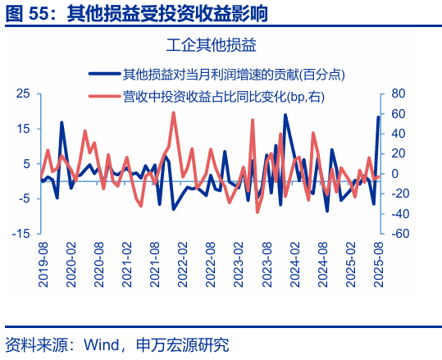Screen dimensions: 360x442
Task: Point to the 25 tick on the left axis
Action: pyautogui.click(x=24, y=93)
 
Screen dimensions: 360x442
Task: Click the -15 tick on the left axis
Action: pyautogui.click(x=21, y=234)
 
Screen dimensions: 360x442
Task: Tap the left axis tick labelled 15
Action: pyautogui.click(x=24, y=129)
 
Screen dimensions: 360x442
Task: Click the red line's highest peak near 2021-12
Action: pyautogui.click(x=173, y=112)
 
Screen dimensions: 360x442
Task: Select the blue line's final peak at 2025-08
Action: pyautogui.click(x=378, y=117)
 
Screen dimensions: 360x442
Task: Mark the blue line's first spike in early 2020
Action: pyautogui.click(x=62, y=123)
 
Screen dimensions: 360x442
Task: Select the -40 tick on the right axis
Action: pyautogui.click(x=399, y=214)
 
